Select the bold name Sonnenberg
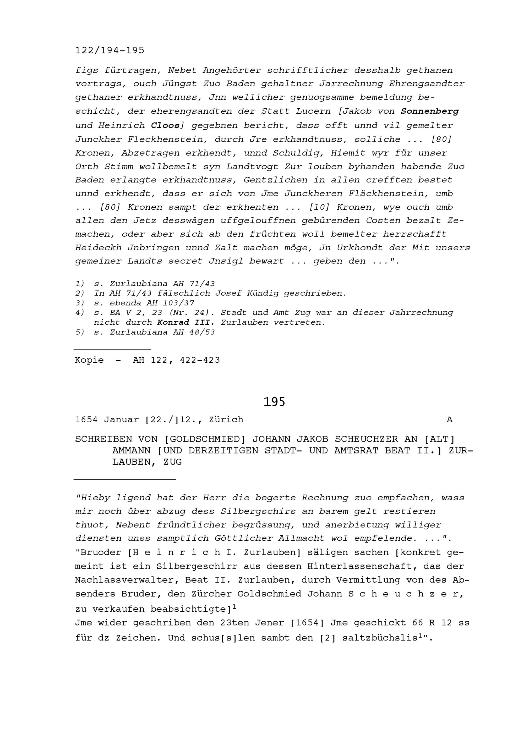(x=429, y=111)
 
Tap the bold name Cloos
(x=165, y=125)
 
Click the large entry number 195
(x=274, y=402)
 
